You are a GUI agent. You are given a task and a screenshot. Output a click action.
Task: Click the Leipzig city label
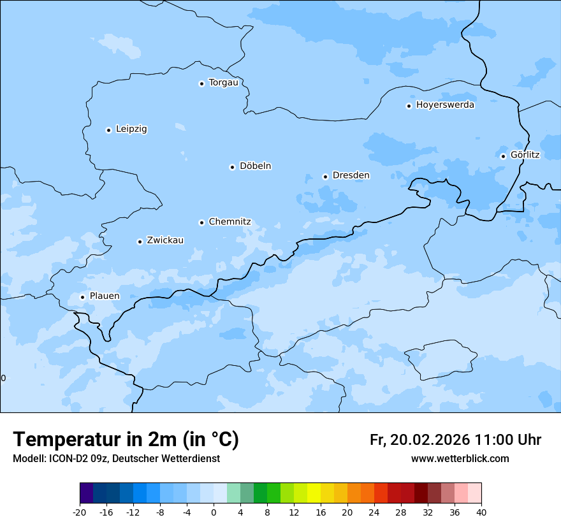point(131,129)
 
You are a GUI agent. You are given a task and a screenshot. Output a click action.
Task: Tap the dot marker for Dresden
point(325,177)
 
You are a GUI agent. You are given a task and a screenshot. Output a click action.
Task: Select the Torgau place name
point(223,82)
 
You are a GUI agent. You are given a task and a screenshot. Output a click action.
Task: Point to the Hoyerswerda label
point(445,105)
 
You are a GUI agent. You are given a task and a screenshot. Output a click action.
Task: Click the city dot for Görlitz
point(503,156)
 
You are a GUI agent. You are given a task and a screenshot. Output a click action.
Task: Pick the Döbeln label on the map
point(255,166)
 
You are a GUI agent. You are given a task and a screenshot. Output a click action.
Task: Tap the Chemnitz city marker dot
point(201,222)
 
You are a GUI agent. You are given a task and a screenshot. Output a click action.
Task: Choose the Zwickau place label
point(165,240)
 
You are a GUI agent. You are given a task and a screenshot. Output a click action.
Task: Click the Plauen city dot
point(82,297)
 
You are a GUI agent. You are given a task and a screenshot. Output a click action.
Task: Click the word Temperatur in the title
point(64,440)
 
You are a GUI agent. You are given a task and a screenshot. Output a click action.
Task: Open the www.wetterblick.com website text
point(460,459)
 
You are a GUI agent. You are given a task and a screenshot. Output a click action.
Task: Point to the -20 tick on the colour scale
point(80,512)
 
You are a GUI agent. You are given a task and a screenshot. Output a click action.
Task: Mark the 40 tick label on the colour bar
point(481,512)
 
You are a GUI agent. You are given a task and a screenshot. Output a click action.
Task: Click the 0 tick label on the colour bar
point(214,512)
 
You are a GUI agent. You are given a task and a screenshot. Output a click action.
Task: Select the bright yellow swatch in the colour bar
point(314,493)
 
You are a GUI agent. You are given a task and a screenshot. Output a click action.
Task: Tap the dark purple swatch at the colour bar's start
point(86,493)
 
